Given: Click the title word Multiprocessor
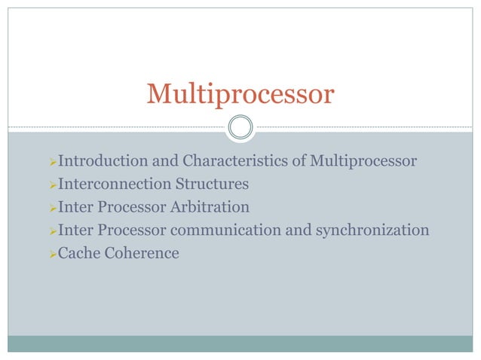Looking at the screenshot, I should click(x=240, y=94).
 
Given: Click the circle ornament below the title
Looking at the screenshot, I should click(x=240, y=127).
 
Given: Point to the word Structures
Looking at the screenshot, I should click(x=212, y=184).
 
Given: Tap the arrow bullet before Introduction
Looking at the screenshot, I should click(x=52, y=162).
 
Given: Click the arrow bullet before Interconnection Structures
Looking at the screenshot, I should click(x=52, y=185).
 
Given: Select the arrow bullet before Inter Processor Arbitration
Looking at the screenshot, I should click(x=52, y=207).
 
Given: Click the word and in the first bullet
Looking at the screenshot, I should click(x=167, y=161).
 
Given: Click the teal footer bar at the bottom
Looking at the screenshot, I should click(x=240, y=343).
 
